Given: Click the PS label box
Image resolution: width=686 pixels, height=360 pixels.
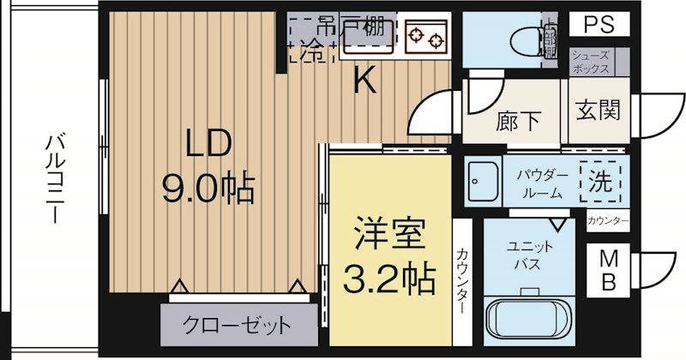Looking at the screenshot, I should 600,24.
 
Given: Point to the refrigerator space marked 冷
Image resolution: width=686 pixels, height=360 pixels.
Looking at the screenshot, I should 306,51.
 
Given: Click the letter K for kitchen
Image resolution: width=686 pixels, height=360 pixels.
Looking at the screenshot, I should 364,81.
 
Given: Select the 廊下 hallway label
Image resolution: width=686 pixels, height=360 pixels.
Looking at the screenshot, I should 518,121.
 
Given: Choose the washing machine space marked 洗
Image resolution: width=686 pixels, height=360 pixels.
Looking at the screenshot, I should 599,181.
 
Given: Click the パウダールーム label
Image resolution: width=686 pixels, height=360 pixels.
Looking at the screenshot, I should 541,183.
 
